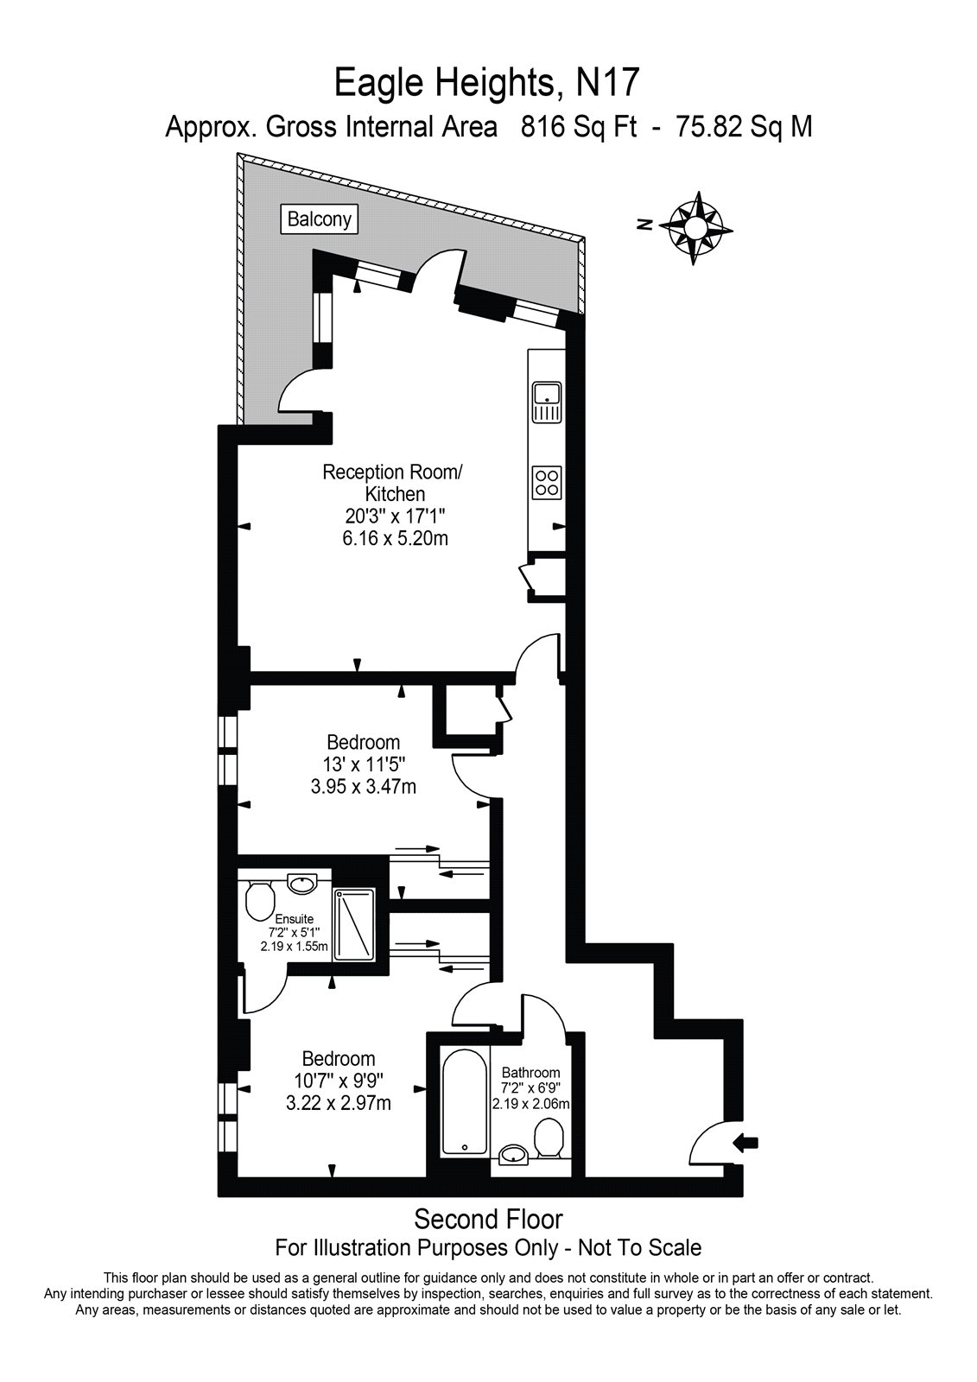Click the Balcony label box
(x=320, y=219)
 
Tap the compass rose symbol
(x=695, y=227)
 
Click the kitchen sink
(x=548, y=403)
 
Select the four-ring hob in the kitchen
(x=548, y=481)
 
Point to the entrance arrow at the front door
(x=745, y=1143)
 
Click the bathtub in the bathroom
(x=465, y=1103)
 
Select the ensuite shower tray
(x=354, y=923)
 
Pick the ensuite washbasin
(x=301, y=884)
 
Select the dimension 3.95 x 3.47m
(x=363, y=786)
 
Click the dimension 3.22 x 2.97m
(x=338, y=1103)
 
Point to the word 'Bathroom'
(x=530, y=1073)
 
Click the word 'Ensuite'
(x=294, y=919)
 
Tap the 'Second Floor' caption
(x=488, y=1219)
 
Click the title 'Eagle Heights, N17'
(x=488, y=84)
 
